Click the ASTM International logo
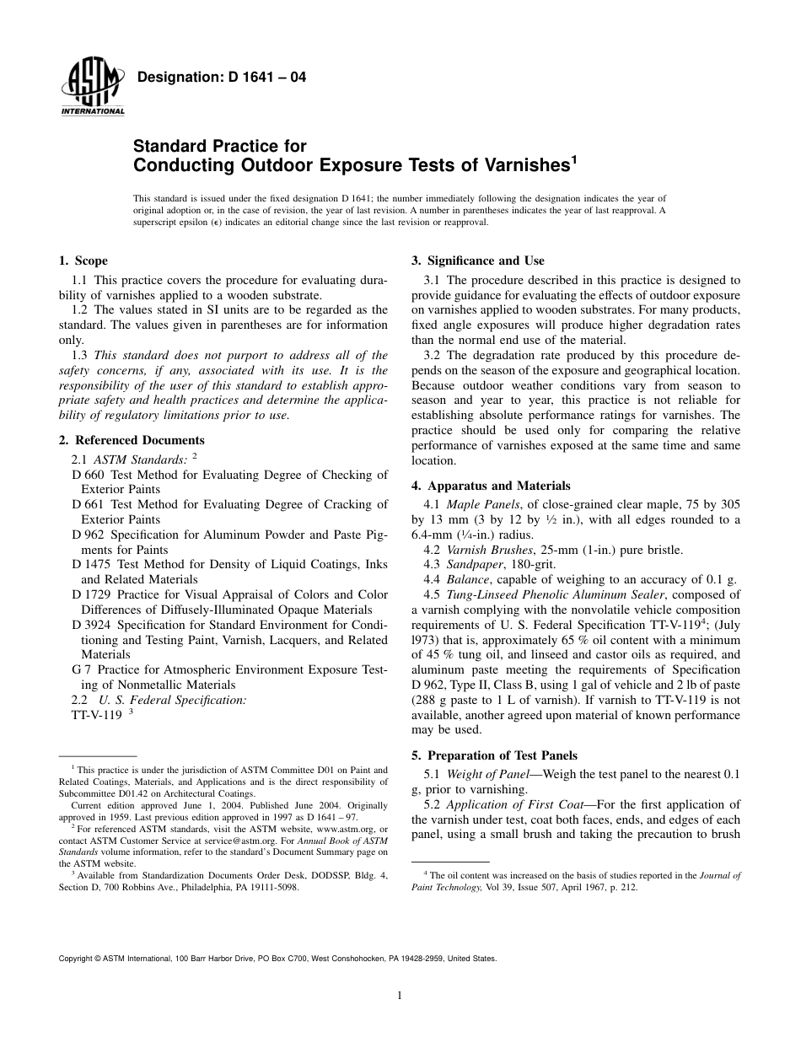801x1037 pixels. click(92, 88)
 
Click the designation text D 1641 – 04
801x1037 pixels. click(221, 78)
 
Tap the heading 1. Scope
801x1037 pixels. click(83, 261)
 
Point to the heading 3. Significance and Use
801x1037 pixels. click(477, 261)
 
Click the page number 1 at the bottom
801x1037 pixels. click(400, 996)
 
